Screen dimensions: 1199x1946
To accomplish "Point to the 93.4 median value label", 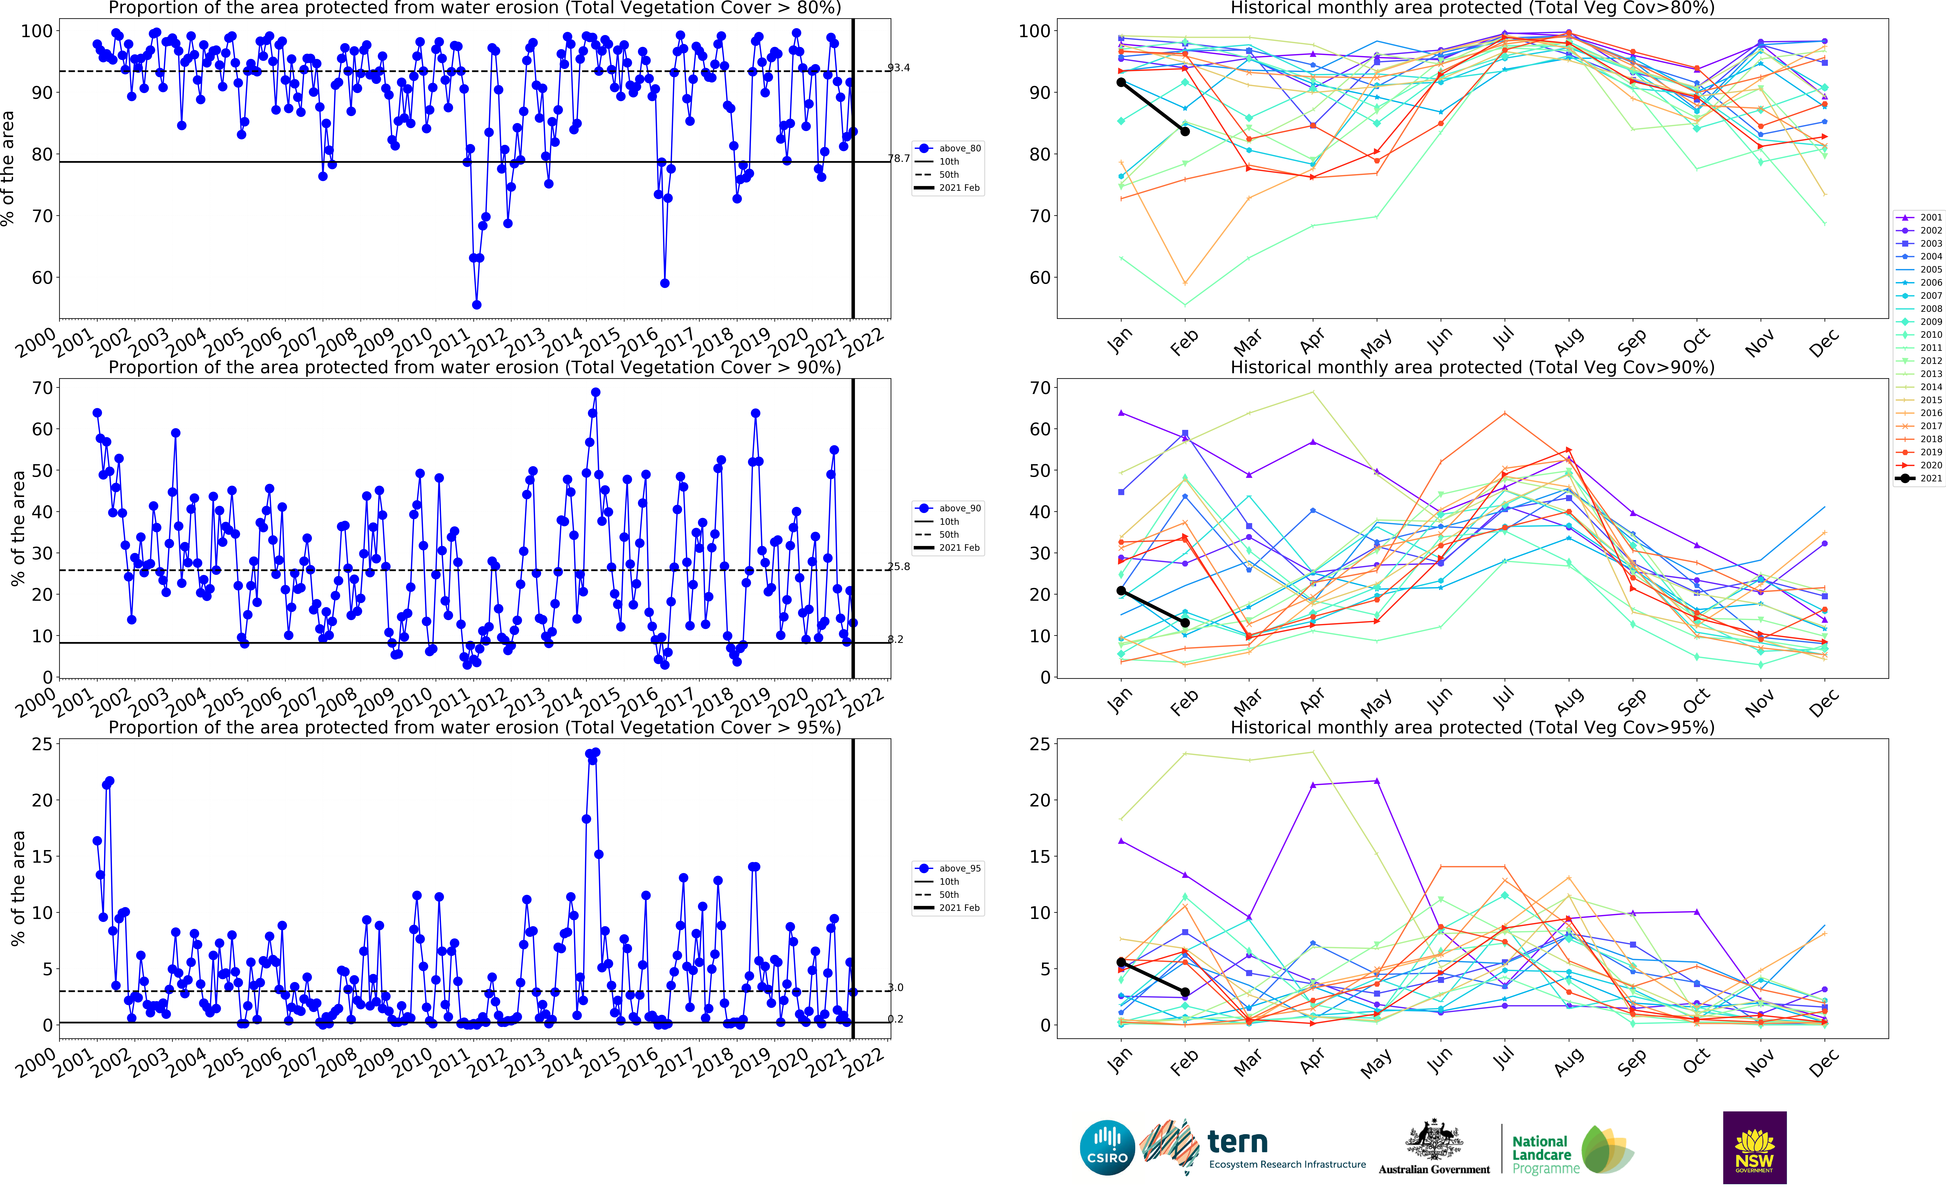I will point(898,67).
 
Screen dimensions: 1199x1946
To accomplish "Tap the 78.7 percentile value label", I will point(898,159).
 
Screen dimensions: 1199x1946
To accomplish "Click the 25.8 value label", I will point(898,566).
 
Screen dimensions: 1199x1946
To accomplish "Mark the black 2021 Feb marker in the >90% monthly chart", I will point(1185,623).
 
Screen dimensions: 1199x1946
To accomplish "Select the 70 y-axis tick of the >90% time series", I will point(42,388).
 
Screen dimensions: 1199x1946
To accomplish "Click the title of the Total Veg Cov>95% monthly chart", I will point(1472,727).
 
